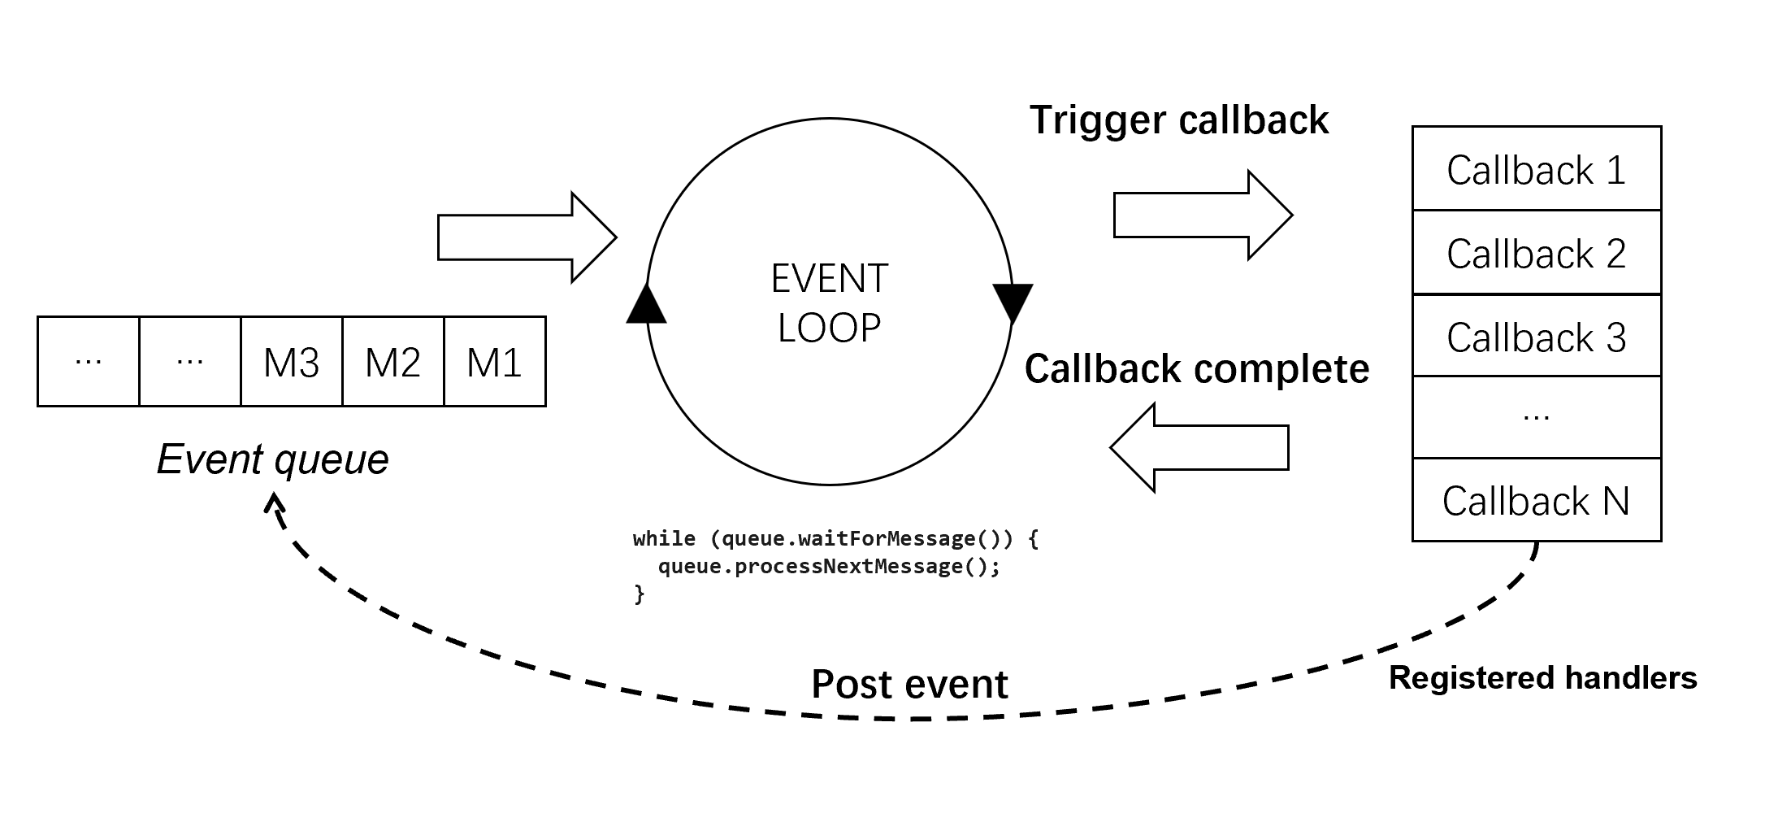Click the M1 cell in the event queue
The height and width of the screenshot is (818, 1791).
point(495,362)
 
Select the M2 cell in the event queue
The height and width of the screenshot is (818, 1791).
point(393,362)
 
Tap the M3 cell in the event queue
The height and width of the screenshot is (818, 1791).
point(292,362)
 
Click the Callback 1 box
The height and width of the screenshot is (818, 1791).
point(1536,169)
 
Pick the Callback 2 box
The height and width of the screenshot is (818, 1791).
point(1536,253)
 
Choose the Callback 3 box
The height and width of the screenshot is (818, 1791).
point(1536,337)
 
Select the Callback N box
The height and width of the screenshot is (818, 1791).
point(1536,500)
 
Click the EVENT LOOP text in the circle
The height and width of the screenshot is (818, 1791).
point(830,302)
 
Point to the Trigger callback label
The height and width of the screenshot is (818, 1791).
point(1179,120)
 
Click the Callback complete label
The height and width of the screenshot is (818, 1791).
point(1196,368)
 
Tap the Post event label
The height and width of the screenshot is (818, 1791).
point(909,684)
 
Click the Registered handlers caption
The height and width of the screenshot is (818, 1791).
point(1542,677)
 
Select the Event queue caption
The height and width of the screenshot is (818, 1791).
point(273,459)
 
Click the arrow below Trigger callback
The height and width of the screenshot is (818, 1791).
point(1202,215)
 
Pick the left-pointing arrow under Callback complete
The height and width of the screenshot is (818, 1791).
point(1199,447)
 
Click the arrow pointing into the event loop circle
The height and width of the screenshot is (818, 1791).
point(527,237)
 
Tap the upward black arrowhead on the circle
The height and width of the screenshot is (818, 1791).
point(647,306)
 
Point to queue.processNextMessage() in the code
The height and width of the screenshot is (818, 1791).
point(829,566)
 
